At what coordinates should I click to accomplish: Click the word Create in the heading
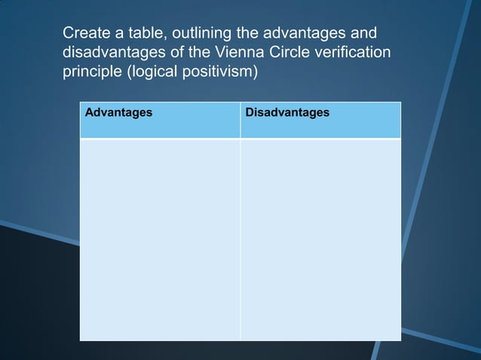pyautogui.click(x=85, y=34)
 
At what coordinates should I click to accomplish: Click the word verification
pyautogui.click(x=354, y=54)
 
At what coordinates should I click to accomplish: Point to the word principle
pyautogui.click(x=89, y=75)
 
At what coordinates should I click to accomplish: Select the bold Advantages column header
pyautogui.click(x=118, y=112)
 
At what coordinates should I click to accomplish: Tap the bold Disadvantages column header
pyautogui.click(x=287, y=112)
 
